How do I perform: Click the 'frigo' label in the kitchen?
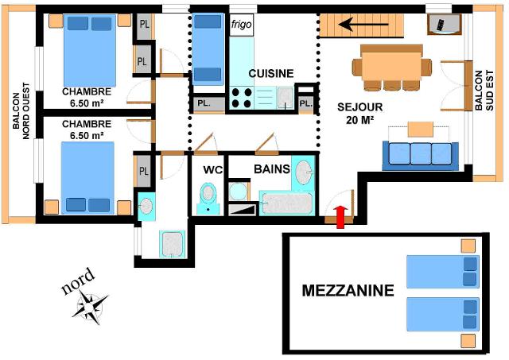(x=241, y=25)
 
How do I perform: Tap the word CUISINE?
(x=271, y=74)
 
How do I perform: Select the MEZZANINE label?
(x=348, y=291)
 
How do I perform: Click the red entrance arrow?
(x=340, y=217)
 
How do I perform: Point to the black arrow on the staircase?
(x=363, y=24)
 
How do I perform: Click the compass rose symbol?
(x=90, y=307)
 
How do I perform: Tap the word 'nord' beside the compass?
(x=79, y=281)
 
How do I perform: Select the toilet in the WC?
(x=208, y=199)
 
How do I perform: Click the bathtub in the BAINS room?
(x=286, y=203)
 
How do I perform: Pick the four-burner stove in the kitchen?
(x=242, y=98)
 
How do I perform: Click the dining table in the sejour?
(x=392, y=64)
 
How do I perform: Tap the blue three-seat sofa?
(x=421, y=156)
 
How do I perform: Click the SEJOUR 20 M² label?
(x=359, y=114)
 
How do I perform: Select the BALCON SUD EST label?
(x=484, y=91)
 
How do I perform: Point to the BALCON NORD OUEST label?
(x=21, y=111)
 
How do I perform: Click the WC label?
(x=213, y=169)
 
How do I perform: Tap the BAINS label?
(x=272, y=169)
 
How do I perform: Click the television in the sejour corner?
(x=444, y=25)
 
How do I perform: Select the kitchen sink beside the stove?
(x=286, y=98)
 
